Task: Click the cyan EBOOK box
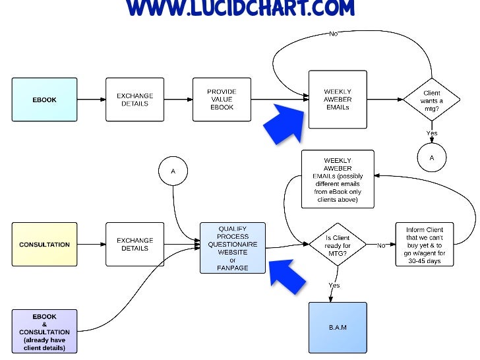point(44,100)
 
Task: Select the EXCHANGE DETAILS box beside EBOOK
point(135,100)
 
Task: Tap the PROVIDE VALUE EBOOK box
point(222,100)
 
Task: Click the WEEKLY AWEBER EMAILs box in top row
point(337,100)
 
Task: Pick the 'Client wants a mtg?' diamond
point(431,100)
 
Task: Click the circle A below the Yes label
point(432,158)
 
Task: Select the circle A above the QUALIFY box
point(173,171)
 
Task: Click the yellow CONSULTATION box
point(44,245)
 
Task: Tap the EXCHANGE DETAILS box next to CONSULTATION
point(135,245)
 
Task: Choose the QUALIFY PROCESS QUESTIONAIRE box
point(233,248)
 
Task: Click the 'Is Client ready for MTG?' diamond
point(338,245)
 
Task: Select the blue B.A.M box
point(337,327)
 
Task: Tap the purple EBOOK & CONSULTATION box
point(44,332)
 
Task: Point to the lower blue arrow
point(287,276)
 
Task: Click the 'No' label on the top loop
point(334,33)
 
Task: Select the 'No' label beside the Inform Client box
point(381,245)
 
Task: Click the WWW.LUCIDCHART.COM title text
point(240,8)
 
